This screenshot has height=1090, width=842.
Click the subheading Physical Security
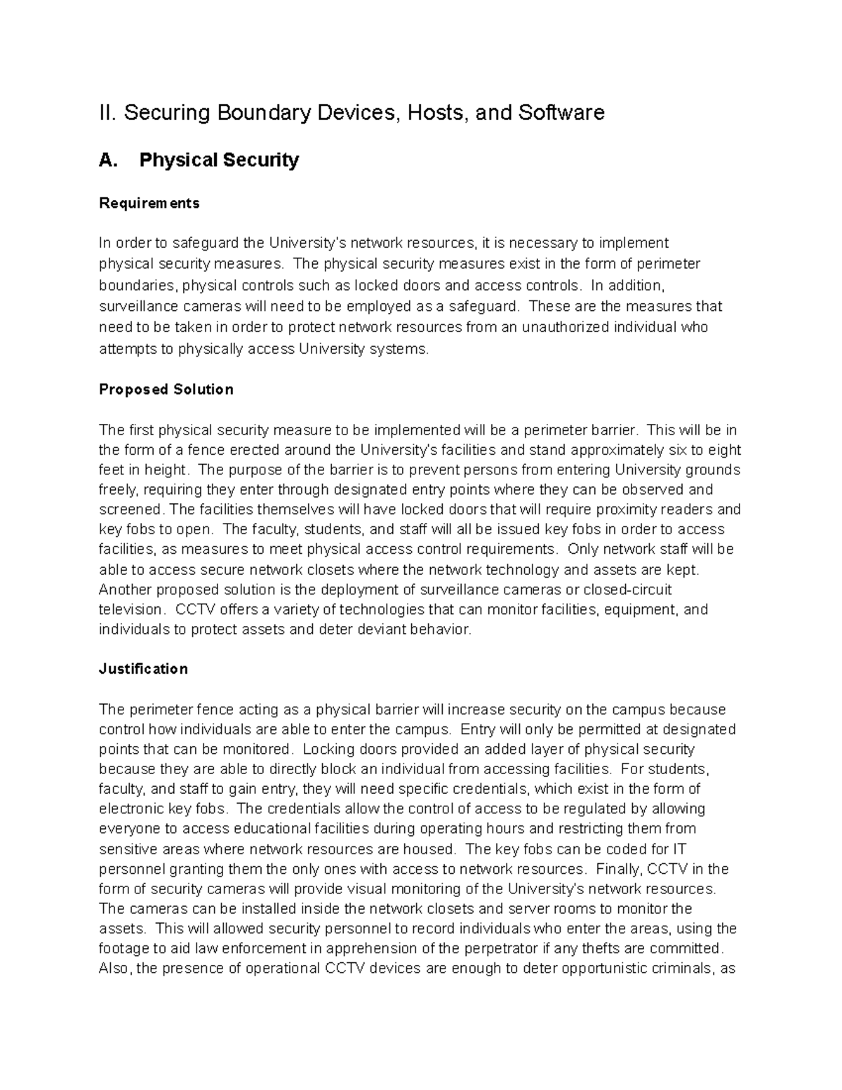219,160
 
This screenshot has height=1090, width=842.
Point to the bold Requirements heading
149,203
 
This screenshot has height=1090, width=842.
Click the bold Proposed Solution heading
166,390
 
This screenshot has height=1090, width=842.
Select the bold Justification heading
143,669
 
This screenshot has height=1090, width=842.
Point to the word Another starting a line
124,590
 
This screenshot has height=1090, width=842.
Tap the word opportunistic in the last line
616,969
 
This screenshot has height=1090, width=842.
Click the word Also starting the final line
114,969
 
